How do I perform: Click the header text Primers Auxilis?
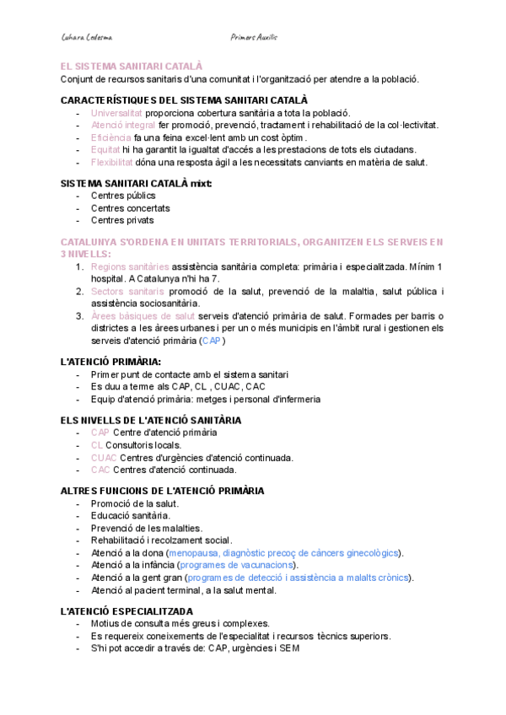pos(254,37)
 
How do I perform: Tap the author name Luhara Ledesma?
pos(88,37)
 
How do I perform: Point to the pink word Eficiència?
pos(110,137)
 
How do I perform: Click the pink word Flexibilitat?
pos(112,162)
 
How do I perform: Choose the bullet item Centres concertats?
pos(130,207)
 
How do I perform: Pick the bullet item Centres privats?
pos(122,220)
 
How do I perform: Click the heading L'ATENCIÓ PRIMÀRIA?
pos(111,362)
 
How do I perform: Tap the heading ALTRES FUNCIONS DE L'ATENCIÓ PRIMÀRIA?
pos(163,490)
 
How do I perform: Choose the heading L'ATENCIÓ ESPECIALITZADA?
pos(127,610)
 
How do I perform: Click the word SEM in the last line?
pos(288,648)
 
